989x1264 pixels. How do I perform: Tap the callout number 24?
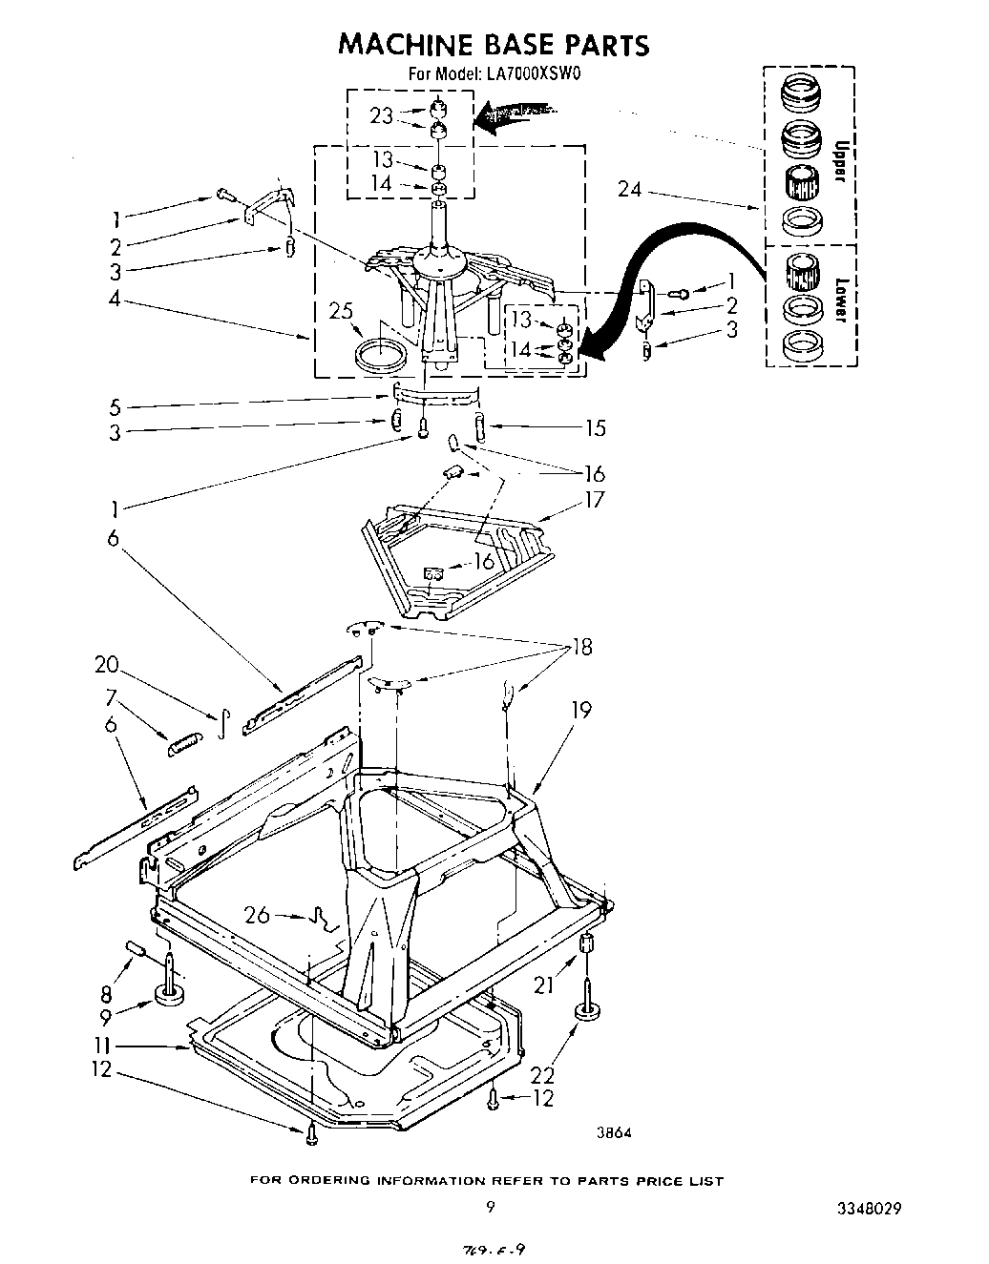(x=630, y=189)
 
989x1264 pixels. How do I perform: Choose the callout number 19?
(x=581, y=710)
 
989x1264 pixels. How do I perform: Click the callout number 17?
(x=594, y=499)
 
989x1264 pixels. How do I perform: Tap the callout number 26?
(x=257, y=915)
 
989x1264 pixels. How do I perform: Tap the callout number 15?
(x=594, y=428)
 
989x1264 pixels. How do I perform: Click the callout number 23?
(x=381, y=115)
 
